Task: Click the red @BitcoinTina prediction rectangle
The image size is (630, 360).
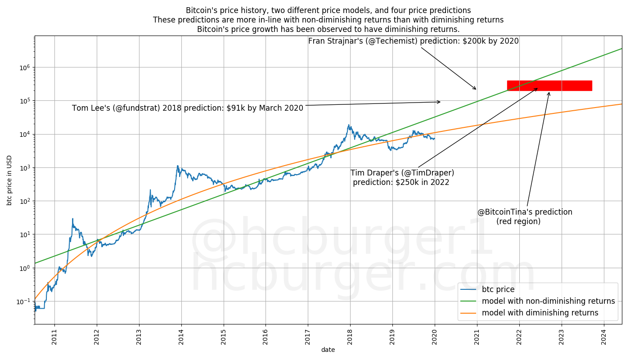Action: [x=549, y=85]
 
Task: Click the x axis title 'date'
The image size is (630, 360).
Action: [x=328, y=350]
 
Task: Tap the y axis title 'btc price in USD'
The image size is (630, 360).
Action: [x=9, y=180]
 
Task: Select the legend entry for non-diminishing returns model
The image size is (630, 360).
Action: [x=548, y=301]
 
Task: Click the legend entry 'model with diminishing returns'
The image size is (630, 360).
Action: [x=540, y=313]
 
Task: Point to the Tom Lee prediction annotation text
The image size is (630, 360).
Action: [x=188, y=108]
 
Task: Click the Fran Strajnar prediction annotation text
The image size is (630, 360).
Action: [x=413, y=41]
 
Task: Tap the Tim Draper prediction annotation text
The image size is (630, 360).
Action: [x=402, y=177]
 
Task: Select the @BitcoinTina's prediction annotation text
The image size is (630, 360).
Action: [x=525, y=216]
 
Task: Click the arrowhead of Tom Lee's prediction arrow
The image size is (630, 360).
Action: [x=440, y=102]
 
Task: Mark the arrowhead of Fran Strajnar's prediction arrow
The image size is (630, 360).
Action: [x=475, y=89]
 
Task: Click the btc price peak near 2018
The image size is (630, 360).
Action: [x=348, y=125]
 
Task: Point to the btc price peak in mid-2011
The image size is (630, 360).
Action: [x=72, y=219]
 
